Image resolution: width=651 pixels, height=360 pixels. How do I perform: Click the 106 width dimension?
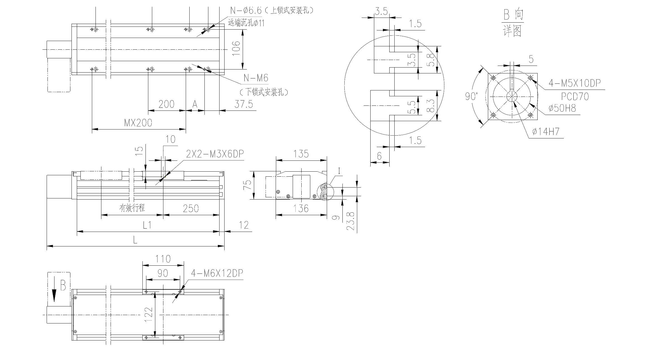236,48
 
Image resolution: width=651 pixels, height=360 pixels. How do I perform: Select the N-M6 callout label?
256,78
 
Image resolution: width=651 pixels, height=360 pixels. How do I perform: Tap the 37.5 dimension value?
244,104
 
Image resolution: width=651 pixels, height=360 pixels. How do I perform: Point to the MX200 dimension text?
138,123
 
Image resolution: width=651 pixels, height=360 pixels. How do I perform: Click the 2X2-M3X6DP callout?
215,154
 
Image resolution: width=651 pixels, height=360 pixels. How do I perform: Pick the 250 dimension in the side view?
191,208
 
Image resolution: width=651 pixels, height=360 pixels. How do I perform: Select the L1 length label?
147,225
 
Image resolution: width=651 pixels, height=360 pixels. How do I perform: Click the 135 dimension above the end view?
301,154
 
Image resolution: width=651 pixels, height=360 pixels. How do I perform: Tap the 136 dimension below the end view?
301,208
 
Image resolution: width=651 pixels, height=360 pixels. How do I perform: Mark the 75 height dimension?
247,185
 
